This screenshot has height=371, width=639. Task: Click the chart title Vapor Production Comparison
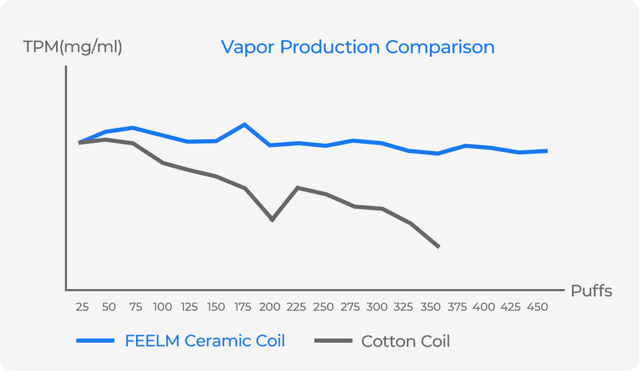click(x=357, y=47)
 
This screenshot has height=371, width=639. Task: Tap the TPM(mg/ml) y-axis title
click(x=72, y=47)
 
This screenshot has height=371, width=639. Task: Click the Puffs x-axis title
click(x=591, y=291)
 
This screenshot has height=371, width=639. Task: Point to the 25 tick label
click(x=82, y=307)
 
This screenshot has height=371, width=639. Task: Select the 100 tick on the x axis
click(x=162, y=307)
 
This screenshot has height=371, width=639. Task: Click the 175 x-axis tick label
click(x=243, y=307)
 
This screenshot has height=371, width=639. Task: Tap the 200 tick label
click(x=270, y=307)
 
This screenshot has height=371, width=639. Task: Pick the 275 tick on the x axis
click(x=351, y=307)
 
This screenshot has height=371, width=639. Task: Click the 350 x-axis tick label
click(x=431, y=307)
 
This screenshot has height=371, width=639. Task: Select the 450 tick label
click(x=538, y=307)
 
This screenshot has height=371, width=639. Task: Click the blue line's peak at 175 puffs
click(x=244, y=125)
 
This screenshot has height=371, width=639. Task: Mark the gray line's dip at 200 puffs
click(x=272, y=220)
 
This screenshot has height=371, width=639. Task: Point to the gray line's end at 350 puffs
click(x=438, y=246)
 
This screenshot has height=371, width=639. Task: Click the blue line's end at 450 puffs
click(x=546, y=151)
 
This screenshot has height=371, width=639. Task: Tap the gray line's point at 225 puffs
click(x=298, y=188)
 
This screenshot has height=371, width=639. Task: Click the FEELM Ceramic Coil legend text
click(x=204, y=341)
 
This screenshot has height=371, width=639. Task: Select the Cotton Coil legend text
click(x=406, y=342)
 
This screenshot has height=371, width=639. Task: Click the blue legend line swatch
click(x=95, y=342)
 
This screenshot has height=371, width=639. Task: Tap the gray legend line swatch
click(x=333, y=342)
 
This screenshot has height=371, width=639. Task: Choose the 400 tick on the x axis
click(x=484, y=307)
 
